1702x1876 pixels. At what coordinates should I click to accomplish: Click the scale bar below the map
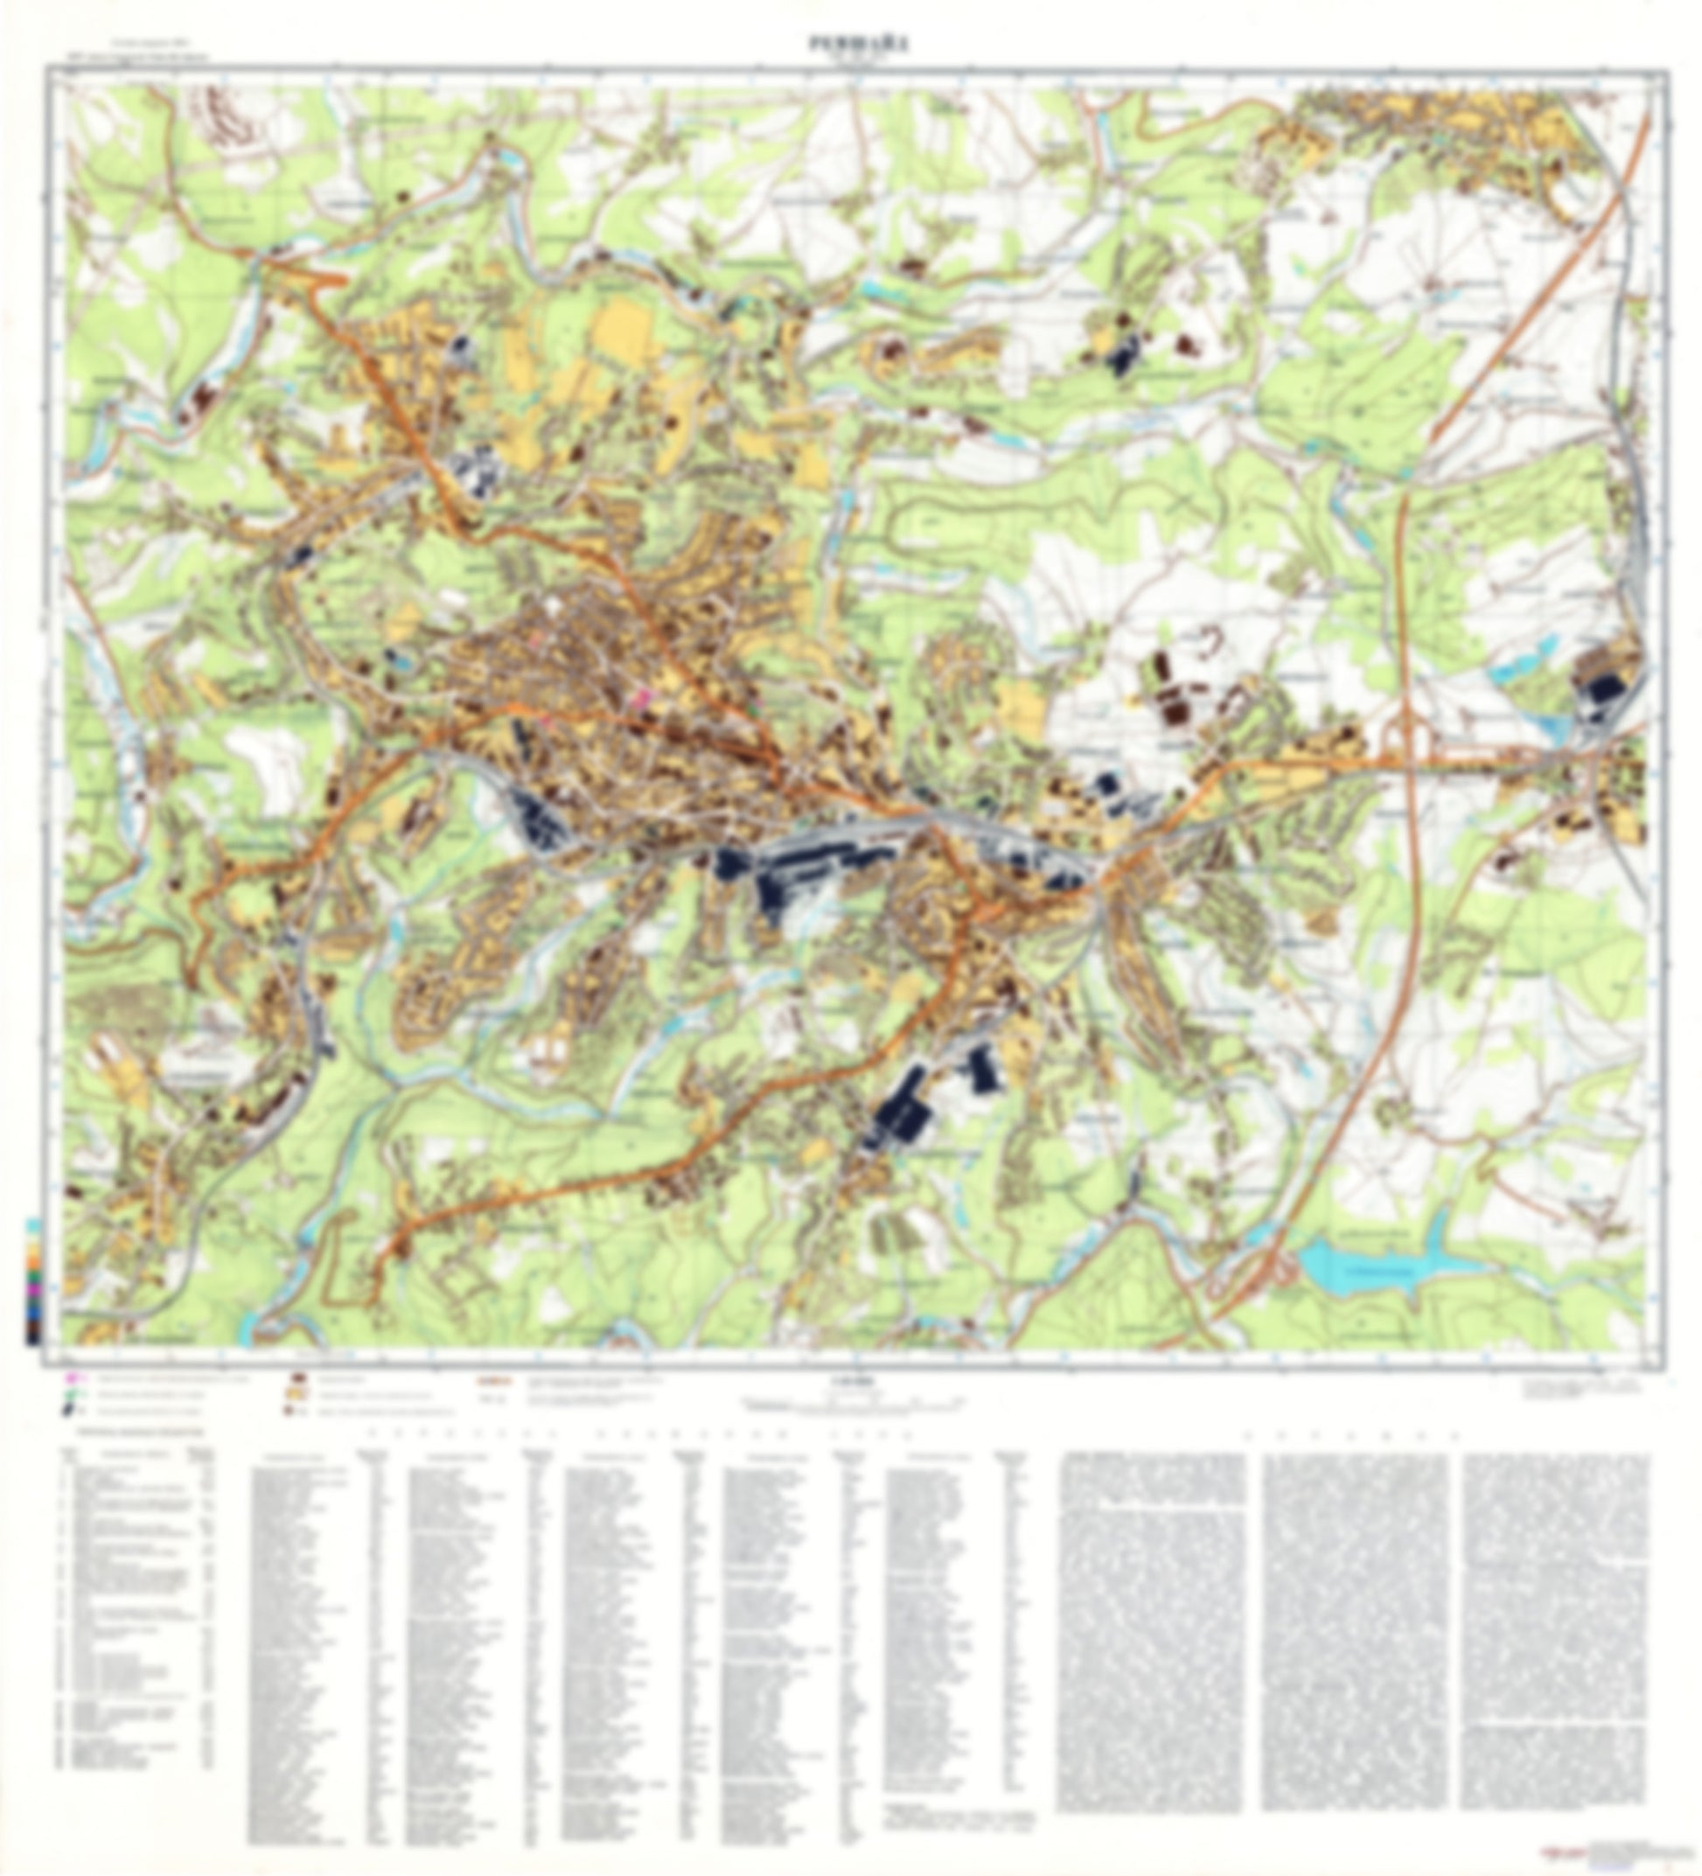pyautogui.click(x=852, y=1400)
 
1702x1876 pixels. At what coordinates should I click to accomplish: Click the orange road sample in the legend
pyautogui.click(x=491, y=1381)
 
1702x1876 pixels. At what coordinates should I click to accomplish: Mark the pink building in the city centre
pyautogui.click(x=640, y=697)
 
